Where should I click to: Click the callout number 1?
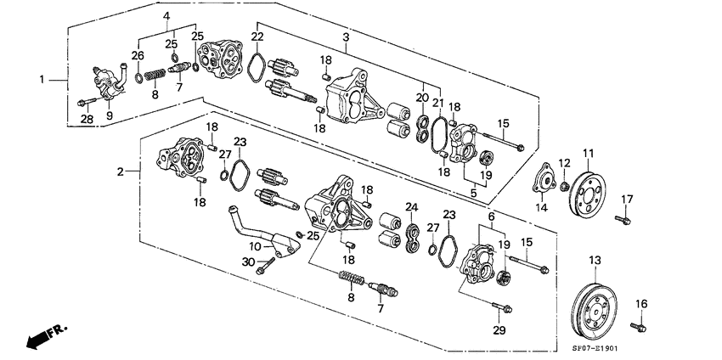point(42,80)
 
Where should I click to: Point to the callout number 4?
point(167,16)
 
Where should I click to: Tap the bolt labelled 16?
point(637,325)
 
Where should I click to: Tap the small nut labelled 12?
point(563,185)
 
